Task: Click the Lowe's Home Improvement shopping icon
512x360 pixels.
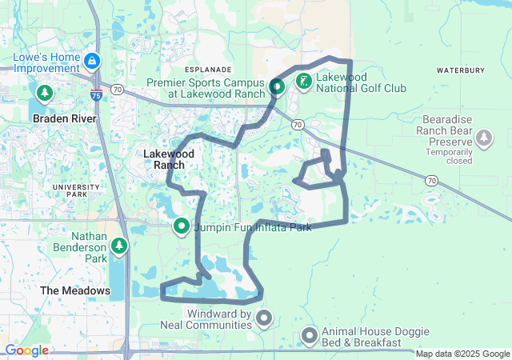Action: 93,60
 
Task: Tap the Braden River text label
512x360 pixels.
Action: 64,118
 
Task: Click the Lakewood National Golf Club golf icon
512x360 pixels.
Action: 304,81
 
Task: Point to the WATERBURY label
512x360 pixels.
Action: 461,70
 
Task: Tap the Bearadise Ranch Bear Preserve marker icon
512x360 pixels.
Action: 483,138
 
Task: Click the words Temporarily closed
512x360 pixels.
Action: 449,156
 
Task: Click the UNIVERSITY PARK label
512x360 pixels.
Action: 75,190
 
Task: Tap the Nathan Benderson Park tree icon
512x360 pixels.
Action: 119,246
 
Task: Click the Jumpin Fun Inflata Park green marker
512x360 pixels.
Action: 182,226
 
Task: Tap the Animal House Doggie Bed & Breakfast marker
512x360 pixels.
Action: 310,336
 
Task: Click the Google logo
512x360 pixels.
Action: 26,350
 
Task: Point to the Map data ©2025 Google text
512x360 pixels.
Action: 462,354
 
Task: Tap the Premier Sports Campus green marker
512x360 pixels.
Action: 276,87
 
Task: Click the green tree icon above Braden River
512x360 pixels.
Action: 44,94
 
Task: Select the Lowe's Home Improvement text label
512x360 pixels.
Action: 47,63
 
